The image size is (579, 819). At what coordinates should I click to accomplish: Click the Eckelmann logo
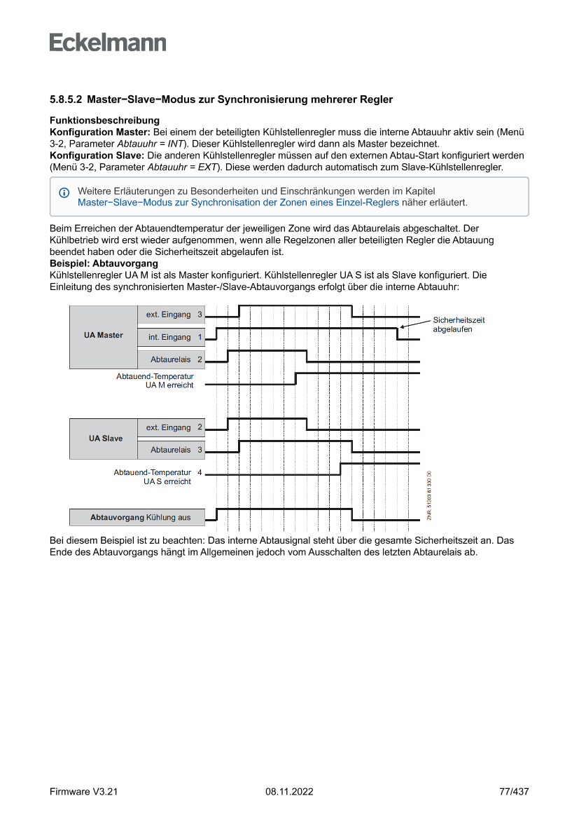coord(108,42)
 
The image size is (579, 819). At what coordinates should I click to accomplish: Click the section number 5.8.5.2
coord(66,100)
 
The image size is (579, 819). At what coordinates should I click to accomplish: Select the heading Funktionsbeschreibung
coord(104,121)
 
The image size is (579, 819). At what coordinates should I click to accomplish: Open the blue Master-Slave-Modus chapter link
coord(238,202)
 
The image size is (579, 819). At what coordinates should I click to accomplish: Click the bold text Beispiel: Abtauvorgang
coord(104,263)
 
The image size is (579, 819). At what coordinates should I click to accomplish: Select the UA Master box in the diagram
coord(103,336)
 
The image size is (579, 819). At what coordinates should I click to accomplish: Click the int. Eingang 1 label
coord(174,337)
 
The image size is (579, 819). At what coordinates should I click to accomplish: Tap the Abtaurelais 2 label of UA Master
coord(176,359)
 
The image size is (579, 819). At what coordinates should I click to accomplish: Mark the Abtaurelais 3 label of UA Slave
coord(176,450)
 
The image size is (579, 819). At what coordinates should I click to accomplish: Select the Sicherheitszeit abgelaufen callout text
coord(459,324)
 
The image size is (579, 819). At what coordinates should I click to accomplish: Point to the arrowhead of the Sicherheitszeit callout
coord(401,327)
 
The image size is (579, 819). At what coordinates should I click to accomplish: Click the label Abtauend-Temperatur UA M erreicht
coord(155,380)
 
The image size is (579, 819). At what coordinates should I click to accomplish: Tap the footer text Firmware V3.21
coord(83,792)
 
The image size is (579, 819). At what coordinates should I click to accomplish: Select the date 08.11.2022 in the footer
coord(289,792)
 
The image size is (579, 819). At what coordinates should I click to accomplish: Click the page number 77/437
coord(514,792)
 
